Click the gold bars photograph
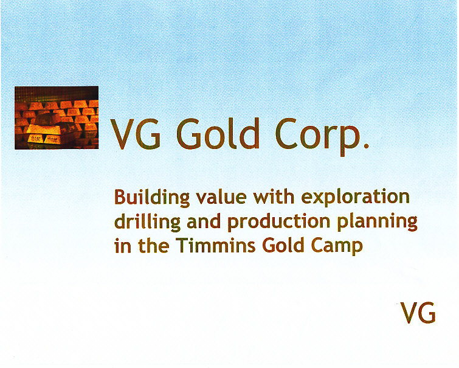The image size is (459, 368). click(x=57, y=117)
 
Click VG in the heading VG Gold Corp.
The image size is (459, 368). click(x=136, y=134)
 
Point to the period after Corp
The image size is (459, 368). click(x=365, y=146)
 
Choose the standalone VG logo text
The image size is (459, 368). click(x=418, y=313)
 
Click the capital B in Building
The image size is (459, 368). click(x=120, y=198)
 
